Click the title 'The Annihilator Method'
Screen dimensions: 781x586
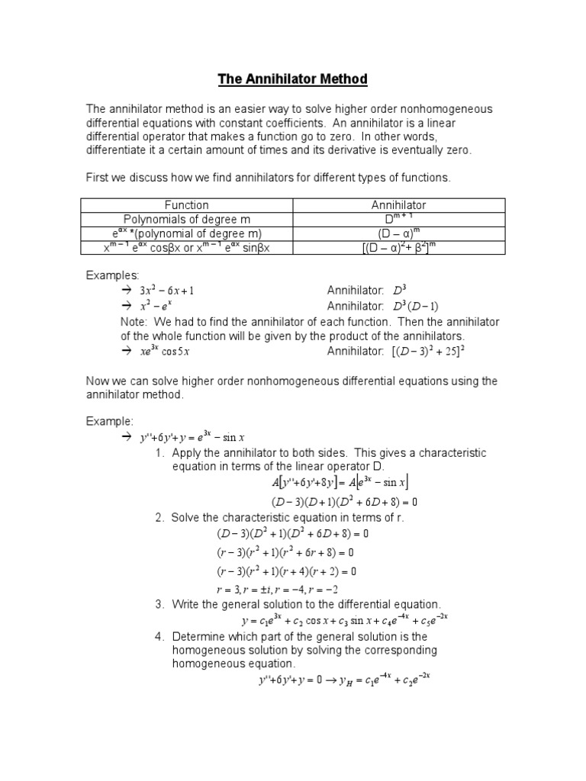pos(293,79)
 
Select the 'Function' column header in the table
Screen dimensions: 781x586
pos(186,205)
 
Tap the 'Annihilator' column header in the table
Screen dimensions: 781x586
pos(398,205)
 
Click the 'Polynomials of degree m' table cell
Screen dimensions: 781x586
pos(186,219)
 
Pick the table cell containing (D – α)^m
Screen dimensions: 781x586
pos(398,233)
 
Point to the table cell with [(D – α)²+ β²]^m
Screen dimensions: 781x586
pos(398,247)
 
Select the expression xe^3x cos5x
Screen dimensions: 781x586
pos(164,351)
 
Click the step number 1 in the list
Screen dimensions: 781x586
pos(159,453)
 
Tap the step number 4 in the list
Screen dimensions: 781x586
pos(159,636)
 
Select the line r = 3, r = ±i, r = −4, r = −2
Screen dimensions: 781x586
pos(277,589)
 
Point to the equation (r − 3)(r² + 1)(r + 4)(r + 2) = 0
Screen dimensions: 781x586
pos(287,570)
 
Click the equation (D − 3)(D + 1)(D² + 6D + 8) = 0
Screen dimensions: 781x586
pos(344,502)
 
